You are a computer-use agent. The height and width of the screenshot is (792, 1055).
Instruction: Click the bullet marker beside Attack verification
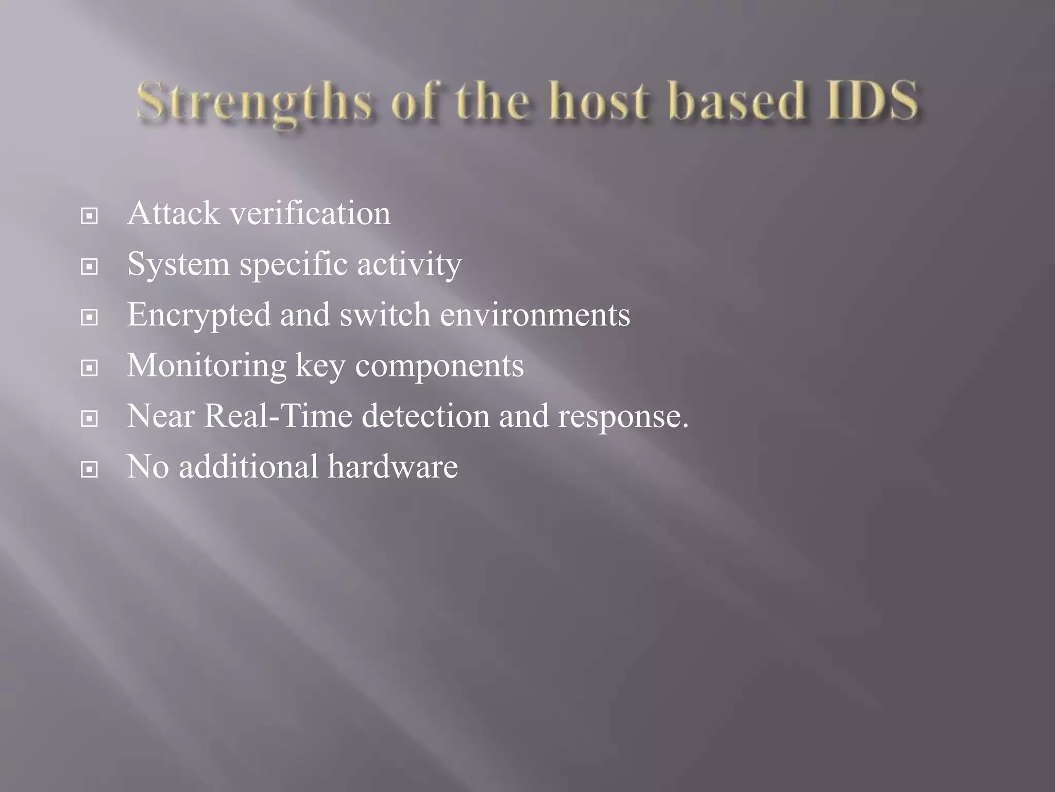[90, 216]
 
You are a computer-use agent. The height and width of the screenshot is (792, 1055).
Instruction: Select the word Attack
[173, 213]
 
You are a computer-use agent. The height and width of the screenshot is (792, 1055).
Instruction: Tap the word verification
[310, 213]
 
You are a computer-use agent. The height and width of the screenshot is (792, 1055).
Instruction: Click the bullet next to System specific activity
[90, 267]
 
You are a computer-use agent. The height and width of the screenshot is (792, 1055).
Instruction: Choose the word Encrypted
[199, 315]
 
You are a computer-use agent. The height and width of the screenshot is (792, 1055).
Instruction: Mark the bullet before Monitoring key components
[90, 368]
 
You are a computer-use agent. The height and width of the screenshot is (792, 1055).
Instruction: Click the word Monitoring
[207, 366]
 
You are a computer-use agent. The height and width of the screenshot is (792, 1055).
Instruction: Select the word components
[439, 366]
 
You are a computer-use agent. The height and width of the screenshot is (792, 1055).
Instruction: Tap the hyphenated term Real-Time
[278, 416]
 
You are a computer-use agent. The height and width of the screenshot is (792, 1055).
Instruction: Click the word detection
[426, 416]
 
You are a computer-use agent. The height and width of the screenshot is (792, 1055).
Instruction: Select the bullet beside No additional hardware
[90, 469]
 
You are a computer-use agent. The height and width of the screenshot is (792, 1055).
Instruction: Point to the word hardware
[393, 466]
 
